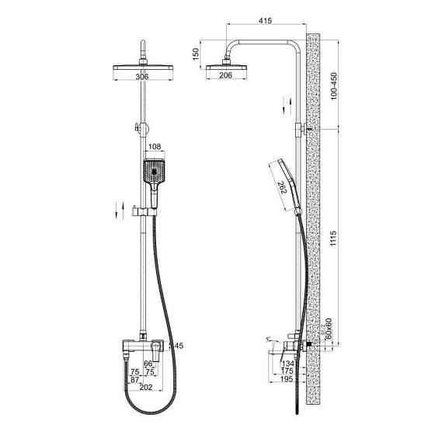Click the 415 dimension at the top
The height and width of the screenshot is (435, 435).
(x=265, y=21)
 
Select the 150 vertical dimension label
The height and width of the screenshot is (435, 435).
(x=196, y=54)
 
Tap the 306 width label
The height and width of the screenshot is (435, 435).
(x=142, y=77)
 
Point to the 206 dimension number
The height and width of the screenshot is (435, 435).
(x=225, y=75)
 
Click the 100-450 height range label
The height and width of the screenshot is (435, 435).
(x=334, y=86)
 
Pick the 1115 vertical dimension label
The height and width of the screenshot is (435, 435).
(x=333, y=238)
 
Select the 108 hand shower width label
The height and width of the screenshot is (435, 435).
(x=155, y=147)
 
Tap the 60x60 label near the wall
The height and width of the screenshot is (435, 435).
(x=329, y=328)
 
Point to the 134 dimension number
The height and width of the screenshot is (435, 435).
(x=287, y=364)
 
